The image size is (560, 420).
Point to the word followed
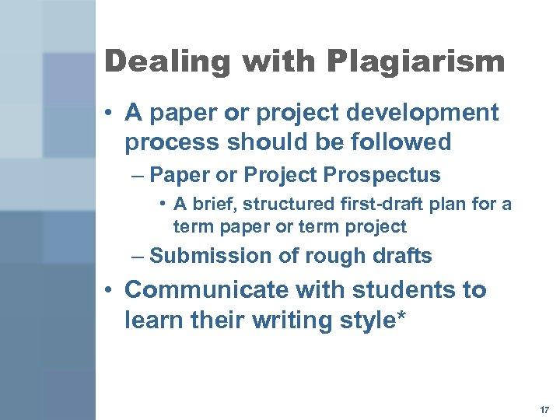403,142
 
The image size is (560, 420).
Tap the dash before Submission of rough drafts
139,256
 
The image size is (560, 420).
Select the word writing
284,320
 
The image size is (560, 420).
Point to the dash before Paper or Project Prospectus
139,175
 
